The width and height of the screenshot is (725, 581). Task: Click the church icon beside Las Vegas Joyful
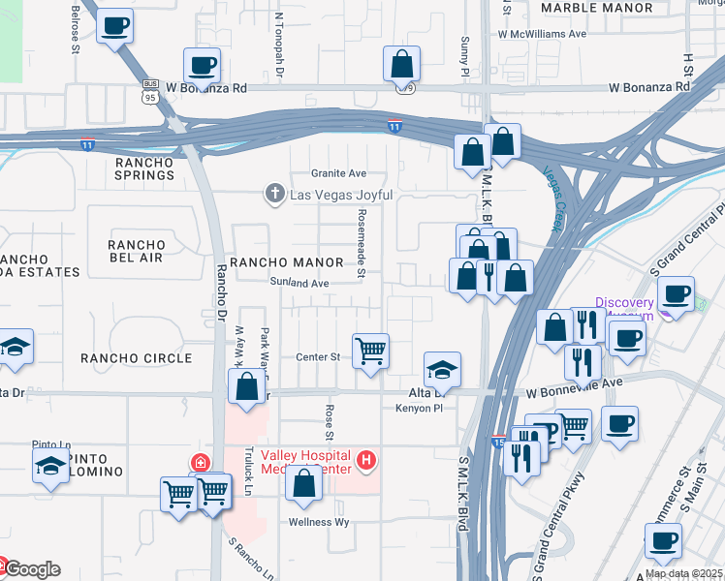click(274, 195)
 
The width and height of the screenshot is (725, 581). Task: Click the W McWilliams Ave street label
click(543, 33)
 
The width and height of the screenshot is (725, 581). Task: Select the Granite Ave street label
click(337, 173)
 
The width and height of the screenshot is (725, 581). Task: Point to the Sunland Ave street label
click(300, 284)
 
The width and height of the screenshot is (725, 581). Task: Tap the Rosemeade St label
click(360, 243)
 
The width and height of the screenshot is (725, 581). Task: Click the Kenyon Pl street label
click(419, 410)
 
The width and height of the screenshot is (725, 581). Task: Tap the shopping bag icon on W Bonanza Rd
click(401, 66)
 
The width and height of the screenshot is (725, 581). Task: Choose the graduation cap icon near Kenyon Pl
click(442, 370)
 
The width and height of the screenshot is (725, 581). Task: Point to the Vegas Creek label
click(552, 199)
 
